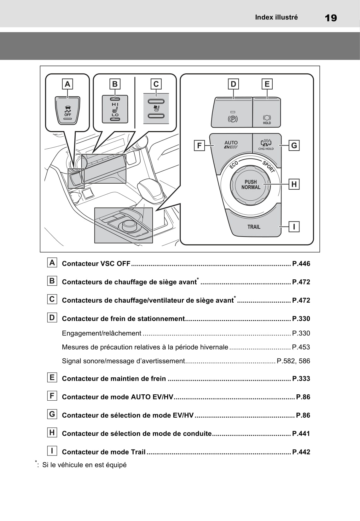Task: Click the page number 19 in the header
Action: (x=331, y=18)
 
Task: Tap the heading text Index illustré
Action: (x=276, y=17)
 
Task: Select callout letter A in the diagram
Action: (x=67, y=84)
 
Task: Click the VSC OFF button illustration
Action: (x=67, y=110)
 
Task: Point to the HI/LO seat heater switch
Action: (x=115, y=109)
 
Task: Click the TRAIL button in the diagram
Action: (x=254, y=226)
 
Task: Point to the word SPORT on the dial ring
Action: (x=269, y=166)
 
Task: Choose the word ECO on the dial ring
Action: (x=234, y=165)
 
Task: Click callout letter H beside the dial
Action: (x=294, y=184)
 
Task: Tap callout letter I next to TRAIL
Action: (x=294, y=226)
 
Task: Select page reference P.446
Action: (x=301, y=264)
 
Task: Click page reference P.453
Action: (x=301, y=347)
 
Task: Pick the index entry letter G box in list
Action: (x=52, y=414)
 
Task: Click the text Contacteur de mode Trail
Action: (x=104, y=452)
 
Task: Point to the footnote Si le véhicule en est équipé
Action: (x=84, y=465)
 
